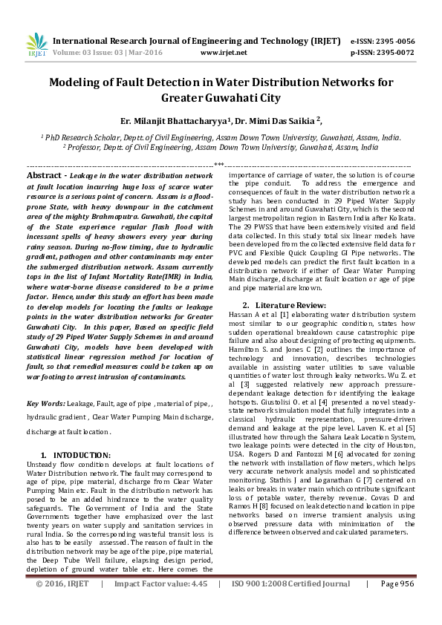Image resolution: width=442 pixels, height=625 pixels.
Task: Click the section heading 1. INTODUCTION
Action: coord(75,454)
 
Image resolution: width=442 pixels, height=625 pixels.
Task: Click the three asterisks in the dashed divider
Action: coord(219,165)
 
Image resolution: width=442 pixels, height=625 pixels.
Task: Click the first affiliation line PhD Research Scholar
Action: coord(221,137)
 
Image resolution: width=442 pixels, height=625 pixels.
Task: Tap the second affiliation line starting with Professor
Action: coord(221,147)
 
